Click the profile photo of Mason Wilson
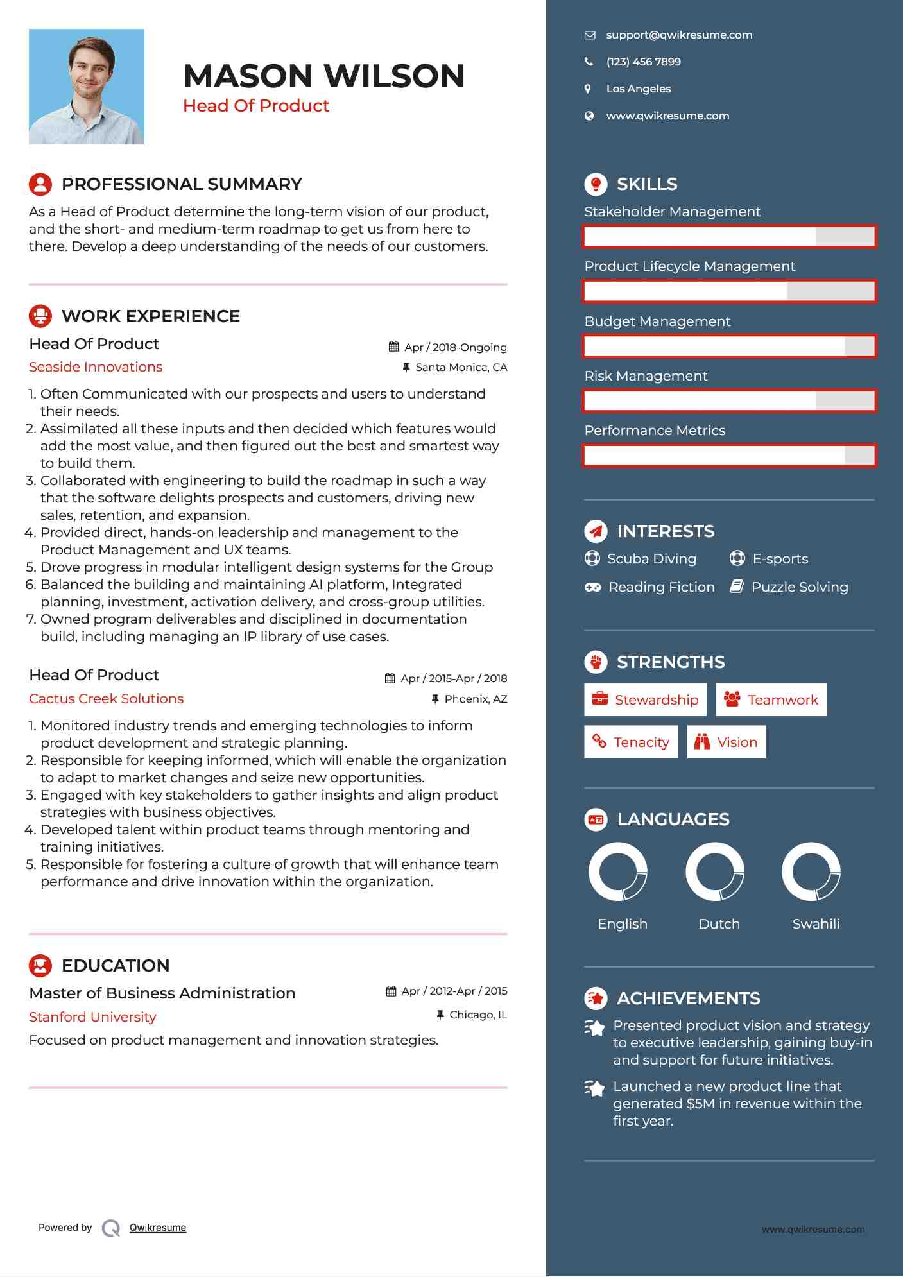point(86,86)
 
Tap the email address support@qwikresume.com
point(678,35)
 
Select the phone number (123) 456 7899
point(643,62)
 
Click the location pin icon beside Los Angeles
point(588,89)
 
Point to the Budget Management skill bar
point(729,346)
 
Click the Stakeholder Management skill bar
point(729,236)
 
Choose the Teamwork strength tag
point(771,699)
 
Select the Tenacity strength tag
point(630,742)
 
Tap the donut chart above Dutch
point(714,871)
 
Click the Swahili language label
point(815,923)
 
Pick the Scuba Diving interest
point(651,558)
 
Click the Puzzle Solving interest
point(799,587)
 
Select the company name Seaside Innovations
point(96,367)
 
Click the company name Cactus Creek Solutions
point(106,698)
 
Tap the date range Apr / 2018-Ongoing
point(454,347)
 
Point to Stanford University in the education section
point(92,1016)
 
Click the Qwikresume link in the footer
point(157,1227)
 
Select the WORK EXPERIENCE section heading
point(150,316)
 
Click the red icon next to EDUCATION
point(40,965)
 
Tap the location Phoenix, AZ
point(475,698)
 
